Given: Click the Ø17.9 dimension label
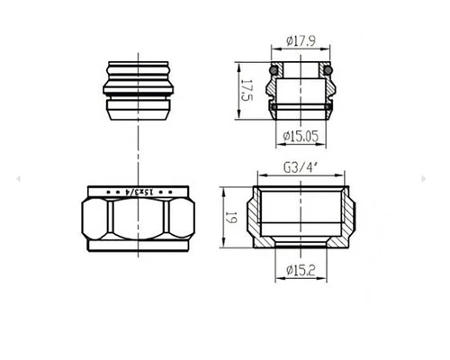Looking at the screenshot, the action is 301,40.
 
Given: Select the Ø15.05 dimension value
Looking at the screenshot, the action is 301,137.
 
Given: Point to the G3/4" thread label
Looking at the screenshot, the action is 301,167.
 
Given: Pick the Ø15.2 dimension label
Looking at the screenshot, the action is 301,271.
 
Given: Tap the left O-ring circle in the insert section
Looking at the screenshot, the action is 274,70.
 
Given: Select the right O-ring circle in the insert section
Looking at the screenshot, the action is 328,70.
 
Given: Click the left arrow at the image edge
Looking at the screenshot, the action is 18,179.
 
